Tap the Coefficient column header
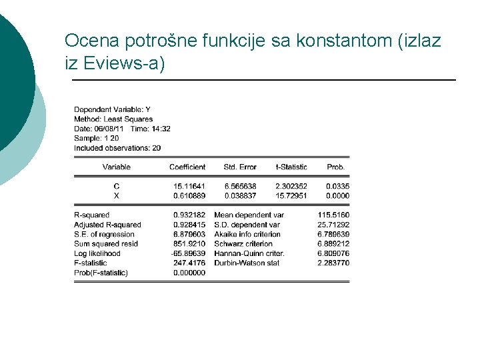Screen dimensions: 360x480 pos(187,167)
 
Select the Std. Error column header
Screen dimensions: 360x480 pos(240,167)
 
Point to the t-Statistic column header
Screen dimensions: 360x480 pos(291,167)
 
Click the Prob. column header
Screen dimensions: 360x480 pos(336,167)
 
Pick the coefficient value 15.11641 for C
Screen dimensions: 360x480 pos(189,186)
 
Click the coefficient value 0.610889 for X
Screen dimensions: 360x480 pos(189,196)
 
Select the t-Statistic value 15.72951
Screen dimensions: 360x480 pos(291,196)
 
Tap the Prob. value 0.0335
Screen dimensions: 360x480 pos(338,186)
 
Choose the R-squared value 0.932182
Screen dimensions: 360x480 pos(189,215)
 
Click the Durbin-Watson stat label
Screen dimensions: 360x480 pos(247,263)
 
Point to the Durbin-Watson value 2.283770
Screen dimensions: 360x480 pos(334,263)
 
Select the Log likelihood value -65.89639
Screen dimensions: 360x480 pos(189,254)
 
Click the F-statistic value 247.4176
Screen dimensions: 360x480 pos(189,263)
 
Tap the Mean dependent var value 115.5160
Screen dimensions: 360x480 pos(334,215)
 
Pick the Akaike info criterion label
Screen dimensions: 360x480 pos(247,235)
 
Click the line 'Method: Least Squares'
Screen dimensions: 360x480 pos(113,119)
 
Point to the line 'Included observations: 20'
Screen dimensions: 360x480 pos(117,148)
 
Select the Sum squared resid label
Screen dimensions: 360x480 pos(106,244)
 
